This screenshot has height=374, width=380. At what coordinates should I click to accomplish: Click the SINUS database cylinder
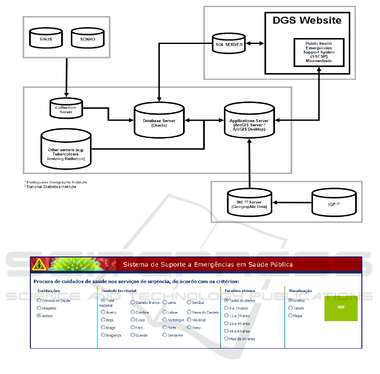46,38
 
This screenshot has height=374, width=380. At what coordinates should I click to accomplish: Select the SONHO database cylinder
88,38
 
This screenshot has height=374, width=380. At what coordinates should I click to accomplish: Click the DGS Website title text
307,20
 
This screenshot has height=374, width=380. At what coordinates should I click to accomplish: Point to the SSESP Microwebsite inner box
319,52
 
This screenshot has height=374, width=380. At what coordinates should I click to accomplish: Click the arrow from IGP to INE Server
291,203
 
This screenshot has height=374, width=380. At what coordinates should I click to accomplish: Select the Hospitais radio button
39,308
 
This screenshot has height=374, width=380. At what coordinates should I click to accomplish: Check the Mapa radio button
290,315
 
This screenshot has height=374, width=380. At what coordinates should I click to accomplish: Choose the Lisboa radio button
164,312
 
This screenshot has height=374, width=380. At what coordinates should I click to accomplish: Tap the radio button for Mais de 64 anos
226,339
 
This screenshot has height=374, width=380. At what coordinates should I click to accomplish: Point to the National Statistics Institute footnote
51,187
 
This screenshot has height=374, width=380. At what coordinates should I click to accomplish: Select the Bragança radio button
103,335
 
